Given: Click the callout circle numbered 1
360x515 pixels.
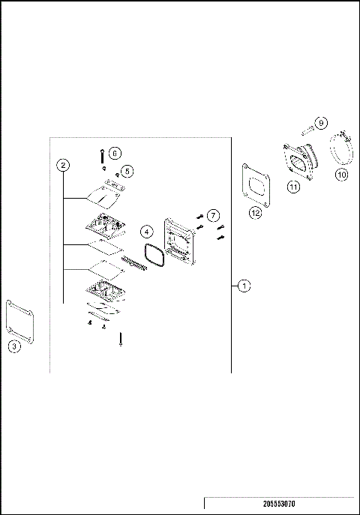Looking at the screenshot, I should click(x=243, y=286).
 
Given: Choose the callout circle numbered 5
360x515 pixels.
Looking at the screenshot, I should click(x=127, y=172).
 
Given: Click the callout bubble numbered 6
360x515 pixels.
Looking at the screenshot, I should click(x=115, y=152).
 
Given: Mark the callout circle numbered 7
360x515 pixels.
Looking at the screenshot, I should click(x=213, y=216).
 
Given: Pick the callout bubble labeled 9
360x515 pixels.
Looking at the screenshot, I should click(x=320, y=122).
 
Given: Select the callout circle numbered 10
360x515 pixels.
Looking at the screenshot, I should click(x=341, y=175).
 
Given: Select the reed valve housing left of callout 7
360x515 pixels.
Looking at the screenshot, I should click(x=179, y=243).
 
